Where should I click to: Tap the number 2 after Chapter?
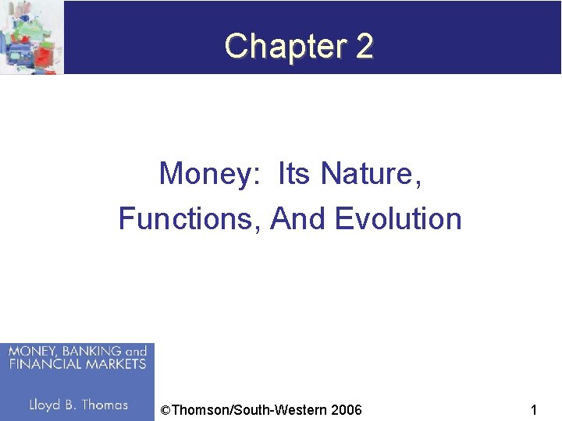point(364,47)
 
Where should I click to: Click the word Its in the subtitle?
point(293,173)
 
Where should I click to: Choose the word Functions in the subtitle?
point(190,219)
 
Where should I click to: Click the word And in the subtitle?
point(298,219)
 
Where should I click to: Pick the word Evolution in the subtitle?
point(398,219)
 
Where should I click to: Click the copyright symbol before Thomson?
point(164,410)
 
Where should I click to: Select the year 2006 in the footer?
point(346,410)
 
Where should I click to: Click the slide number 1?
point(533,410)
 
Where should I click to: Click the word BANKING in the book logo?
point(86,352)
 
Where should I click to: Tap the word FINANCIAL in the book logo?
point(40,364)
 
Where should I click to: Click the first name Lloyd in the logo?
point(46,405)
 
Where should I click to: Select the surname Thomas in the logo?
point(105,405)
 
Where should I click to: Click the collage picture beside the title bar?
point(31,37)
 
